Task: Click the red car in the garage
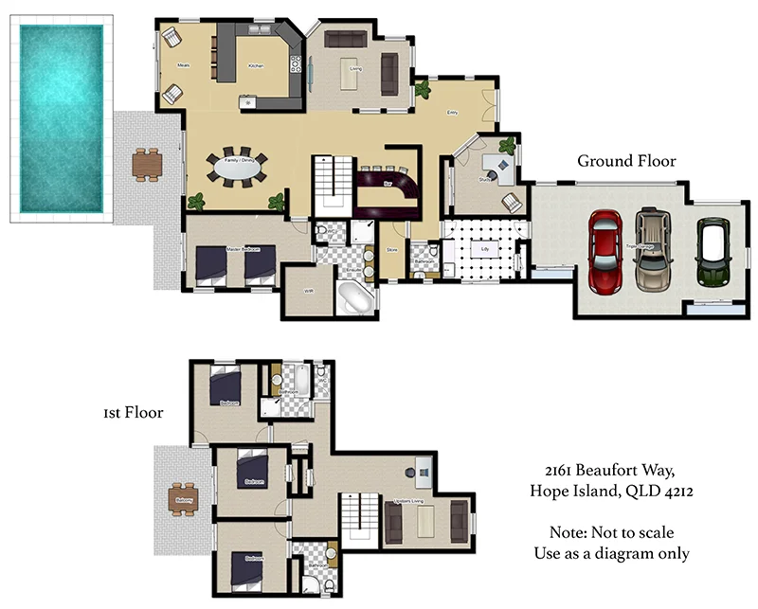605,249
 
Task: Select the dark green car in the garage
712,252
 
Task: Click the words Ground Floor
626,162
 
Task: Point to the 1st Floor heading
133,413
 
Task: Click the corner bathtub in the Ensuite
356,297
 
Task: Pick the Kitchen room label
256,66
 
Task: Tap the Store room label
390,251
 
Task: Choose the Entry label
453,113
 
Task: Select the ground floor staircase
333,184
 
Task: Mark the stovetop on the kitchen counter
297,66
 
